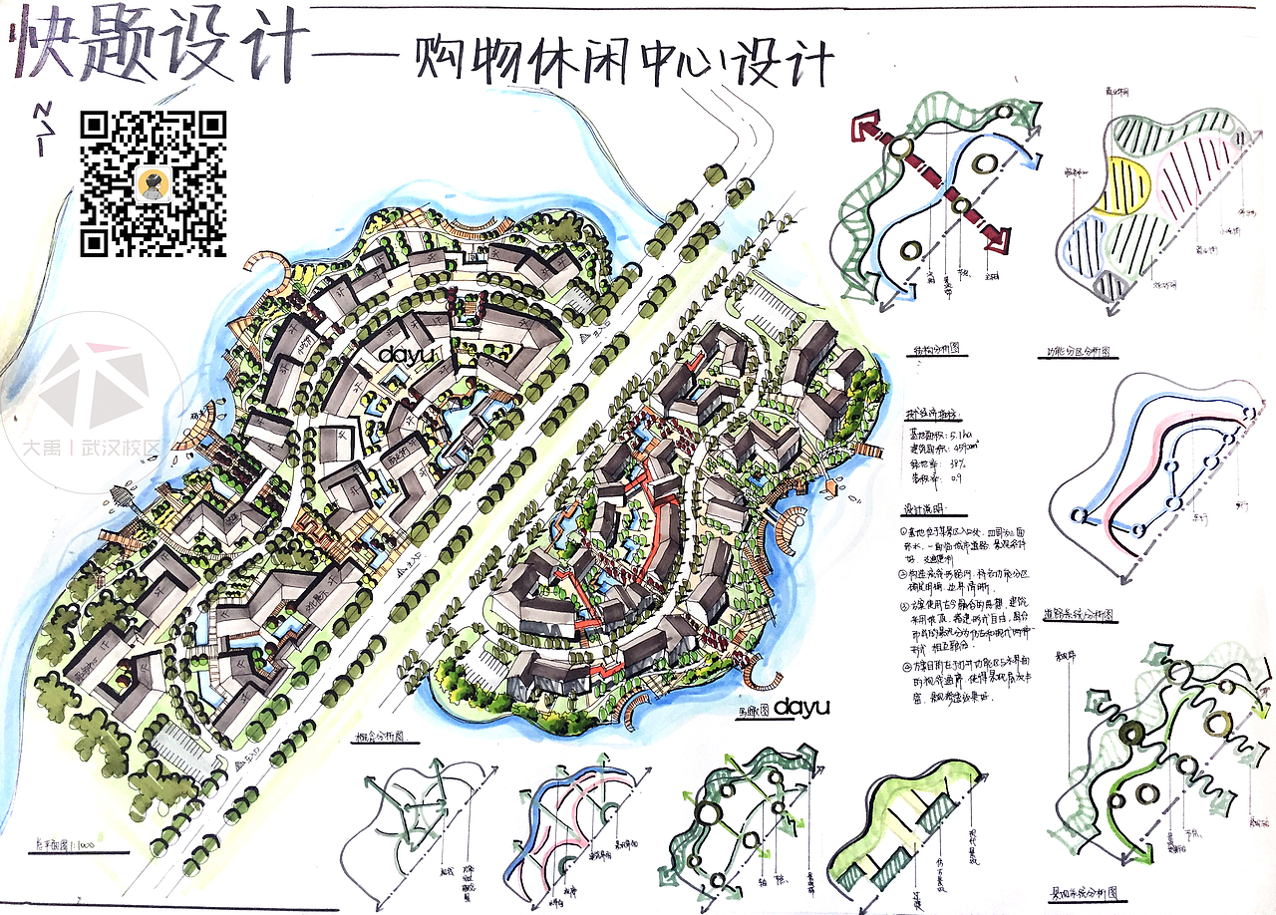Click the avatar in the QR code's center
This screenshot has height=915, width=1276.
click(153, 182)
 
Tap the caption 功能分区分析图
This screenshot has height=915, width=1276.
click(1081, 353)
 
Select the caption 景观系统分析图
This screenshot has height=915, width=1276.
click(1088, 894)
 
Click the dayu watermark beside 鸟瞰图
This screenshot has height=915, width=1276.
click(802, 706)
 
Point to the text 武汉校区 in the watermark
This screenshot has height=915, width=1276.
click(122, 450)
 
